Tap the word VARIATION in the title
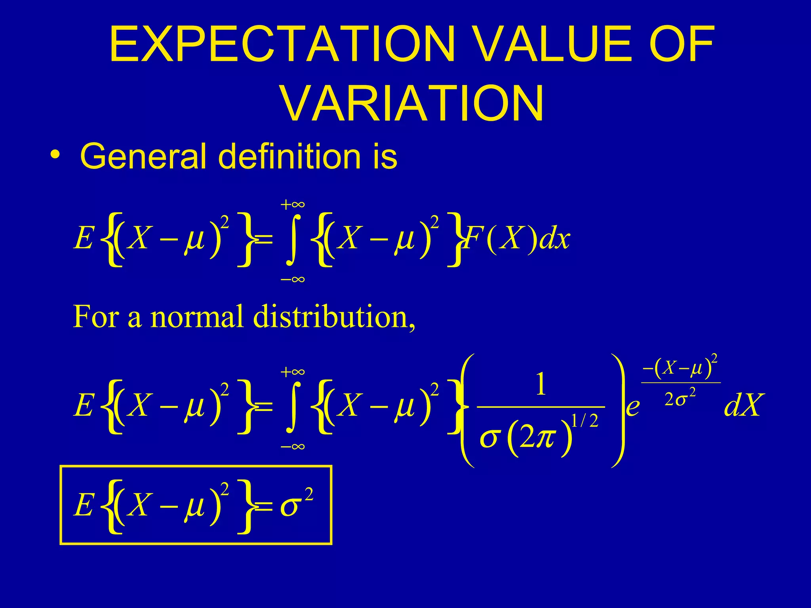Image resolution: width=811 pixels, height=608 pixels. coord(412,104)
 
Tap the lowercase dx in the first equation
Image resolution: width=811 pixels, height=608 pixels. coord(555,239)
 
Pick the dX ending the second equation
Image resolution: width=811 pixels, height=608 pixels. coord(742,406)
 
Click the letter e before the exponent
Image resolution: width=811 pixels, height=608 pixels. coord(633,407)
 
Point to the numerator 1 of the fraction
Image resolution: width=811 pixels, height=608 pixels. coord(541,385)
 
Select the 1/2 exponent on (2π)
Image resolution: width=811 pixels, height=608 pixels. coord(584,421)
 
